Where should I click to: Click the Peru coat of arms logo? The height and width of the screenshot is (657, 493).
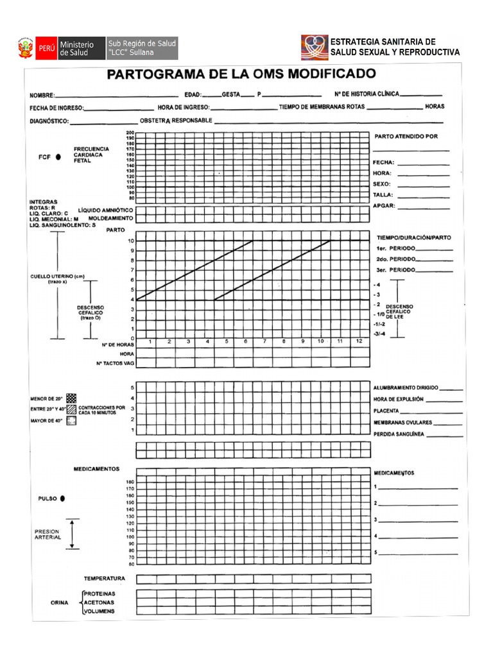(26, 49)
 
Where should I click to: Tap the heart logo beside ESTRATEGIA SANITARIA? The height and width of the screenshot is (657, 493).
(315, 47)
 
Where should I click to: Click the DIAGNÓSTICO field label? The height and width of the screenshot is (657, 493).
(49, 121)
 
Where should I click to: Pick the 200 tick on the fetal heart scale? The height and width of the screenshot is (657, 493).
(130, 133)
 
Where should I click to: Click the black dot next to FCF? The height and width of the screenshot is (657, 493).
(58, 157)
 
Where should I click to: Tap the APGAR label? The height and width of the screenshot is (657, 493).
(384, 207)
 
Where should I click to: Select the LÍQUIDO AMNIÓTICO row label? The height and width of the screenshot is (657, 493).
(105, 210)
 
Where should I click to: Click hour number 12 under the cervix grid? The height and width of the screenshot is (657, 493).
(359, 341)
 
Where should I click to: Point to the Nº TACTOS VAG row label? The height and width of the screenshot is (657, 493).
(115, 363)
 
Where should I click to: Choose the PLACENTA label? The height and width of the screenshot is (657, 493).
(386, 411)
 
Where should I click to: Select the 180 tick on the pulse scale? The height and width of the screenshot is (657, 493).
(130, 481)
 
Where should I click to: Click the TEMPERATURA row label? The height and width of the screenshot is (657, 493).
(104, 579)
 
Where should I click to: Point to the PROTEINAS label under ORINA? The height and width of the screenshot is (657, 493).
(99, 594)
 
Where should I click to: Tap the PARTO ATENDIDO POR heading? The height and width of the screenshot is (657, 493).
(405, 136)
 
